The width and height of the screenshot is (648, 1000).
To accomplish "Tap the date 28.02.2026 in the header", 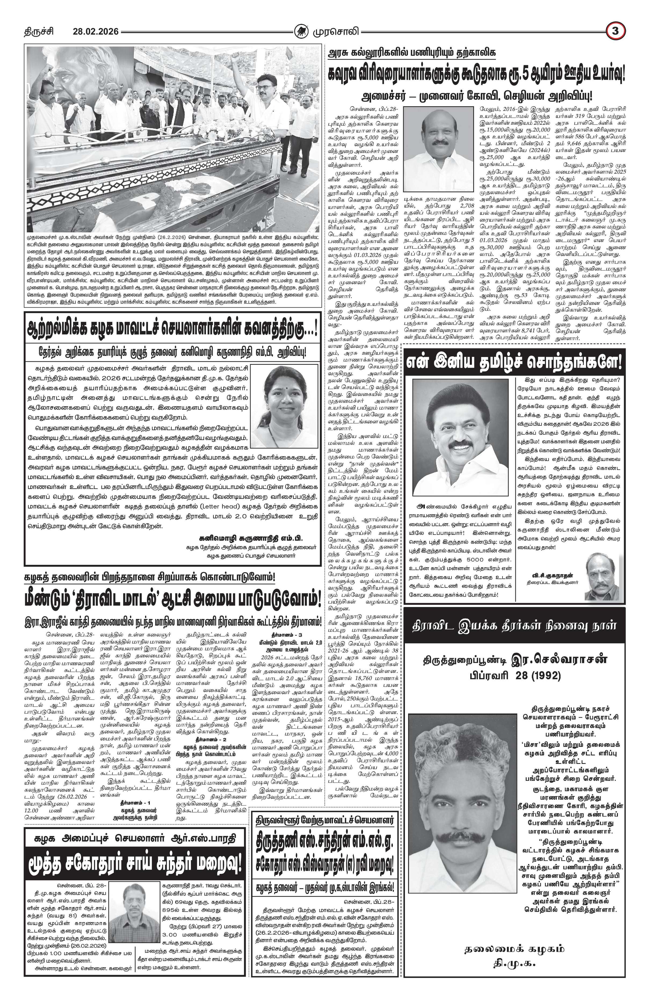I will coord(96,31).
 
